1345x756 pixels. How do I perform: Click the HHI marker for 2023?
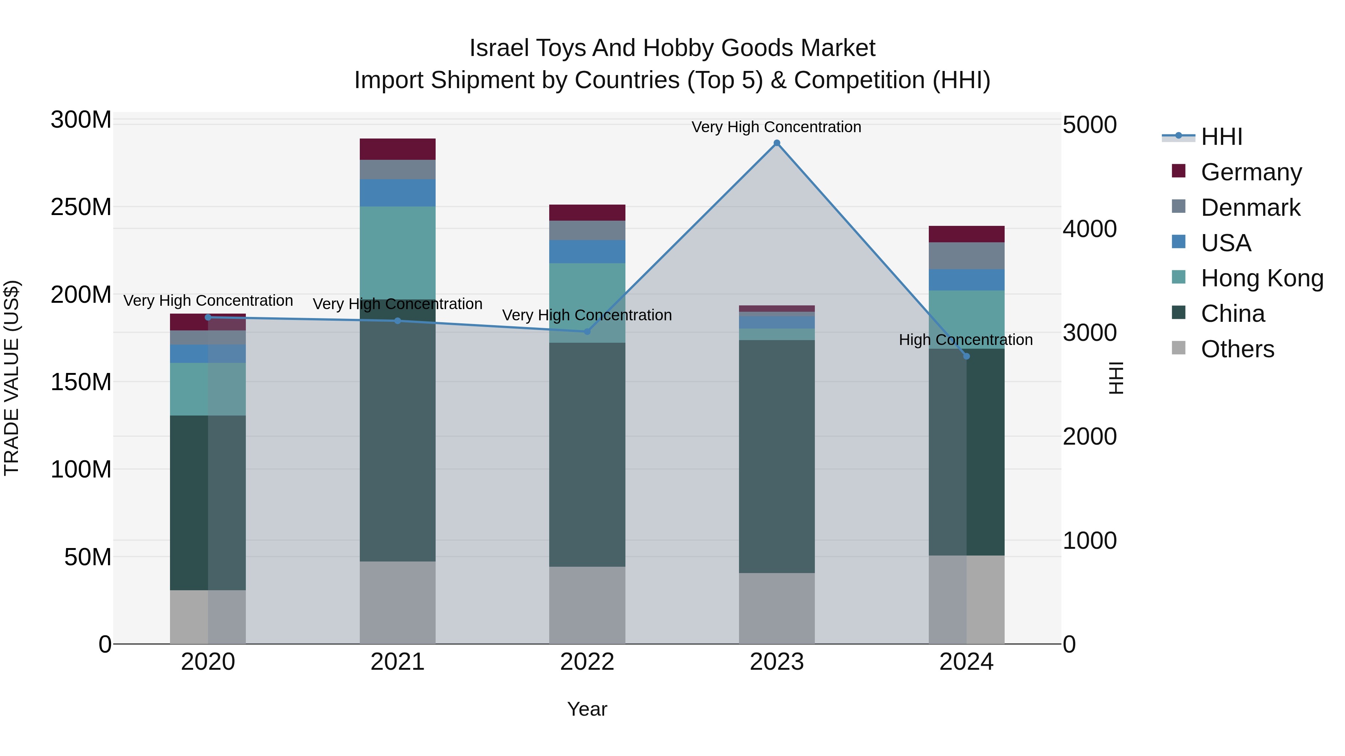(x=776, y=143)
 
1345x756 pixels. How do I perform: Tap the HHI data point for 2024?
(x=966, y=357)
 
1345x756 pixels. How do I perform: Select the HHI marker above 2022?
(x=587, y=331)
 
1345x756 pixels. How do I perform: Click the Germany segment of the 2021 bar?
(x=398, y=149)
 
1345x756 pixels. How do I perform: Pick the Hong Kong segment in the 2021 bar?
(x=398, y=253)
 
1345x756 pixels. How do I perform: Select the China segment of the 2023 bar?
(x=776, y=457)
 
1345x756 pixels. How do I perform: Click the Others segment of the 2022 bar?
(x=587, y=605)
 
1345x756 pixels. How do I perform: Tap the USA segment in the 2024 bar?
(x=966, y=280)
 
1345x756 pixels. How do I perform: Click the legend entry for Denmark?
(x=1250, y=208)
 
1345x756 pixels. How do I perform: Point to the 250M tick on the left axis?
(x=81, y=207)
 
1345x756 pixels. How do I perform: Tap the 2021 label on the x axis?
(x=398, y=662)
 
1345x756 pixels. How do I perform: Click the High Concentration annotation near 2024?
(x=965, y=340)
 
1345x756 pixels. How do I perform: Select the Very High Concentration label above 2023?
(x=776, y=127)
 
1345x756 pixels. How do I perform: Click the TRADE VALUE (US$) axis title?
(x=12, y=378)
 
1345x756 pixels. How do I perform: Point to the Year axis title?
(x=587, y=709)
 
